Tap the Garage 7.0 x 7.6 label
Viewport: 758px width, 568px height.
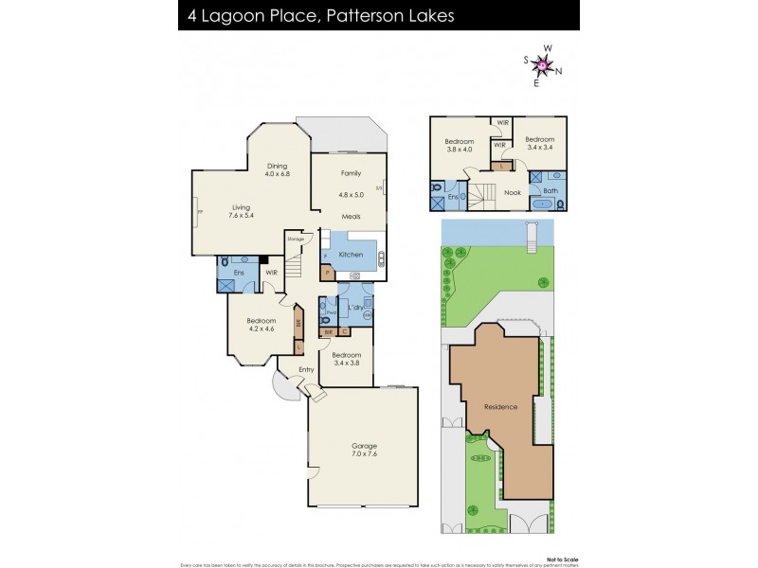coord(365,451)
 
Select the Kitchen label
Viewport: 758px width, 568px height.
coord(351,254)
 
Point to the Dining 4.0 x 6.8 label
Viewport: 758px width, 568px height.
coord(277,169)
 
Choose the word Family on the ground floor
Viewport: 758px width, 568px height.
coord(351,174)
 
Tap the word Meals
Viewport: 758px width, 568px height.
coord(351,214)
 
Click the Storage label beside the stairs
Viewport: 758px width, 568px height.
coord(296,239)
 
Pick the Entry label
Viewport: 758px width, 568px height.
coord(306,369)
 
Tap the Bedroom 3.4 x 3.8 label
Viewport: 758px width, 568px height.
coord(347,359)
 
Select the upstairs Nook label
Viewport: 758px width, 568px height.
coord(512,192)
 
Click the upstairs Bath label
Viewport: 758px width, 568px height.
coord(550,190)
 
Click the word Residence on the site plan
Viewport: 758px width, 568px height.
coord(500,407)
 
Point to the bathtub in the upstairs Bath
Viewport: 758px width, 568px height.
coord(545,204)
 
